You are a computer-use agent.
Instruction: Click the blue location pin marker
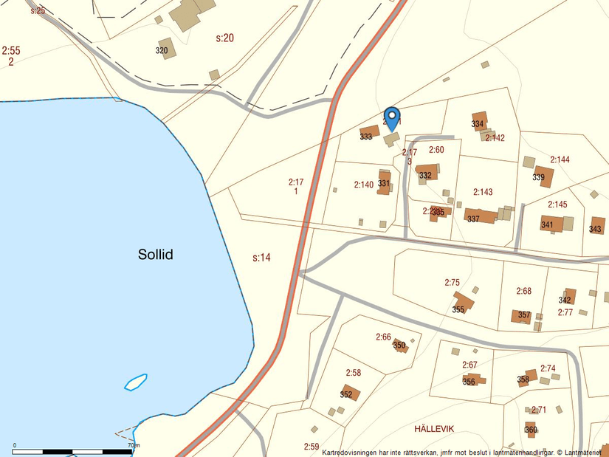pyautogui.click(x=392, y=118)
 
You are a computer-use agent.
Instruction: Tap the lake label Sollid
pyautogui.click(x=155, y=255)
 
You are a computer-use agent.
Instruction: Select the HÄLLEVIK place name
pyautogui.click(x=434, y=428)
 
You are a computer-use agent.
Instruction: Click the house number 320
pyautogui.click(x=162, y=51)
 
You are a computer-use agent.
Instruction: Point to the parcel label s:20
pyautogui.click(x=224, y=38)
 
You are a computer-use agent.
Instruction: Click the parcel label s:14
pyautogui.click(x=262, y=258)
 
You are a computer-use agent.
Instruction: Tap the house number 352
pyautogui.click(x=345, y=394)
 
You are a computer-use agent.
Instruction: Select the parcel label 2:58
pyautogui.click(x=353, y=373)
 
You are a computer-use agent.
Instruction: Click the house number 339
pyautogui.click(x=538, y=177)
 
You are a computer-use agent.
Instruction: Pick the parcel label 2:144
pyautogui.click(x=560, y=159)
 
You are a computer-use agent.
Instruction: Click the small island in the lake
pyautogui.click(x=136, y=382)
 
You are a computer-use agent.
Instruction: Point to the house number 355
pyautogui.click(x=458, y=309)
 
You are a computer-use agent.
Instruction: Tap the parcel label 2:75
pyautogui.click(x=452, y=283)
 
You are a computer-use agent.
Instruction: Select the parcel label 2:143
pyautogui.click(x=483, y=192)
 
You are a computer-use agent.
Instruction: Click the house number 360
pyautogui.click(x=531, y=430)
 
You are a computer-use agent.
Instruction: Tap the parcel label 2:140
pyautogui.click(x=363, y=185)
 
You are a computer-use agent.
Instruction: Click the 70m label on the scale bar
pyautogui.click(x=134, y=445)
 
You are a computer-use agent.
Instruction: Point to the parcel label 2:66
pyautogui.click(x=383, y=337)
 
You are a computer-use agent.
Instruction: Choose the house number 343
pyautogui.click(x=595, y=229)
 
